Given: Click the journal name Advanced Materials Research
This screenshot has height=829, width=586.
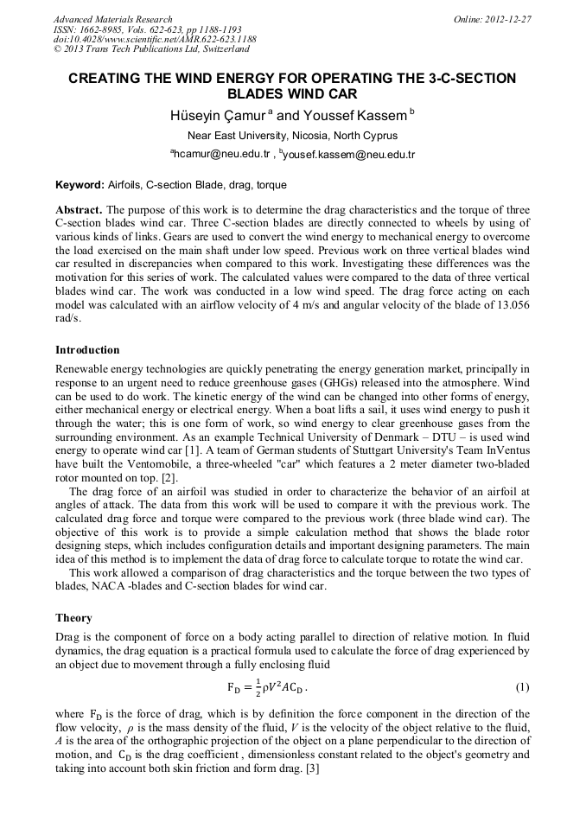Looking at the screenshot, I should click(112, 19).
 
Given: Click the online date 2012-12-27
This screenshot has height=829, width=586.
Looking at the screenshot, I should click(508, 19).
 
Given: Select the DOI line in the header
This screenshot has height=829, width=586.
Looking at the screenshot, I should click(155, 40).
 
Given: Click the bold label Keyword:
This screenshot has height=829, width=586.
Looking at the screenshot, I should click(80, 185).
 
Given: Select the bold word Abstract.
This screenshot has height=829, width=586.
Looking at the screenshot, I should click(79, 210).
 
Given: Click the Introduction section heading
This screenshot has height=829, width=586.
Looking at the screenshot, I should click(87, 350).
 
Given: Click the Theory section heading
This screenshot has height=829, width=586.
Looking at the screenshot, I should click(73, 618).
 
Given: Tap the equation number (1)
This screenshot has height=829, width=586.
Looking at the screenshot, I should click(522, 687).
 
